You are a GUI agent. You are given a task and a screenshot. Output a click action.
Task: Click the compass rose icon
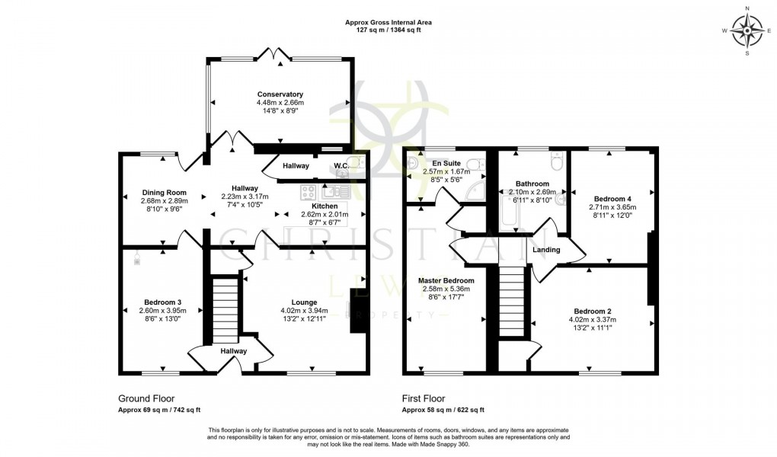pos(747,30)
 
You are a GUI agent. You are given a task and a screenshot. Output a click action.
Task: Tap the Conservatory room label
pos(280,94)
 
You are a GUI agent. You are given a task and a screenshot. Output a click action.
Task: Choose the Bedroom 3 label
pos(162,302)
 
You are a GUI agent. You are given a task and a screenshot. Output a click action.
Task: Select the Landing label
pos(546,250)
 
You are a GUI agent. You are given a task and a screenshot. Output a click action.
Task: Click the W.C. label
pos(341,166)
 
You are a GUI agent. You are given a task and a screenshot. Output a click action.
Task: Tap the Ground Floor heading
pos(146,398)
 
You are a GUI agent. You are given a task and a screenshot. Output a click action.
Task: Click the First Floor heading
pos(424,398)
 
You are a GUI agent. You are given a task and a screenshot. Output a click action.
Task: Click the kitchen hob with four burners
pos(310,191)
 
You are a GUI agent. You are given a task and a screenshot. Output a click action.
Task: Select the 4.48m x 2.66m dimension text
pos(280,103)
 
